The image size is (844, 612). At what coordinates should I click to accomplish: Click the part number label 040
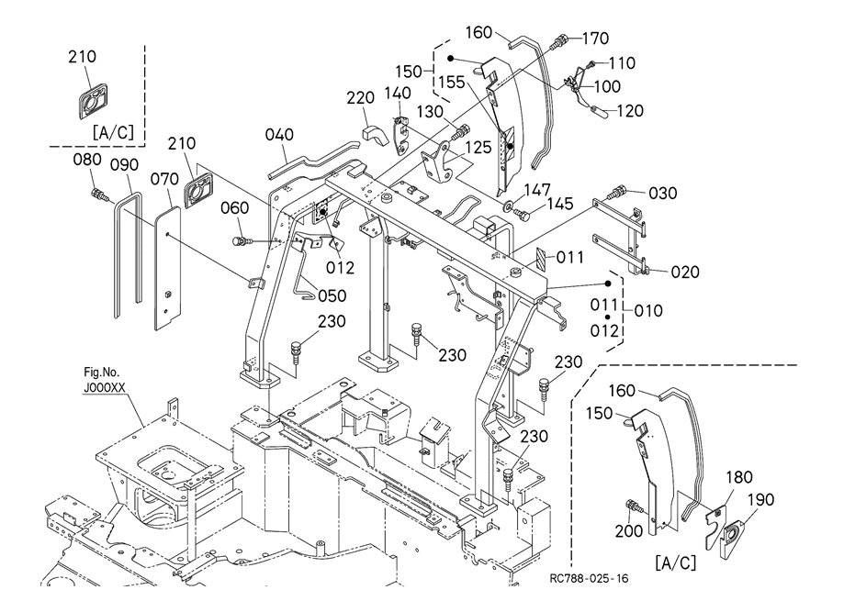[279, 135]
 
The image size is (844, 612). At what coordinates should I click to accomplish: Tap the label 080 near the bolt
[87, 161]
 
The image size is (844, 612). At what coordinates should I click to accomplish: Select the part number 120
[629, 111]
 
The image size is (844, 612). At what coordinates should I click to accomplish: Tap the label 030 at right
[663, 193]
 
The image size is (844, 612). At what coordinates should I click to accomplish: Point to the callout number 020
[684, 272]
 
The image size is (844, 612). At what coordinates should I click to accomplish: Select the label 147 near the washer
[537, 189]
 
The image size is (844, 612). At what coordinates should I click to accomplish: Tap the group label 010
[648, 311]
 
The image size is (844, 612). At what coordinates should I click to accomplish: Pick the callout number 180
[740, 477]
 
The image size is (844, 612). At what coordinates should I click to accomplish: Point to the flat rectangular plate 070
[167, 266]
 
